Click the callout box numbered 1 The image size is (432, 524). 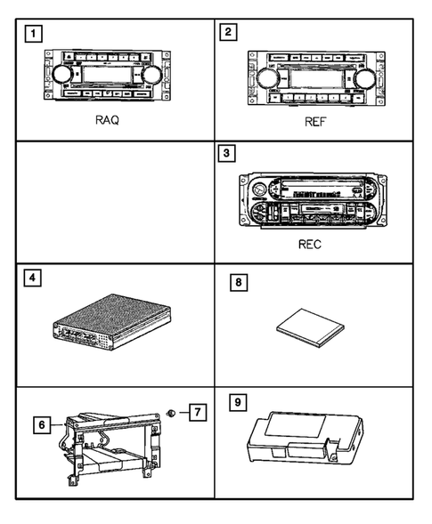[33, 36]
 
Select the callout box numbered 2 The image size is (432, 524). [230, 35]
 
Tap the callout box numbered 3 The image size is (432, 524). [230, 154]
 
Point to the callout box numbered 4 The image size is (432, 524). [33, 278]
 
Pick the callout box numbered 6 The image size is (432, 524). [39, 426]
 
